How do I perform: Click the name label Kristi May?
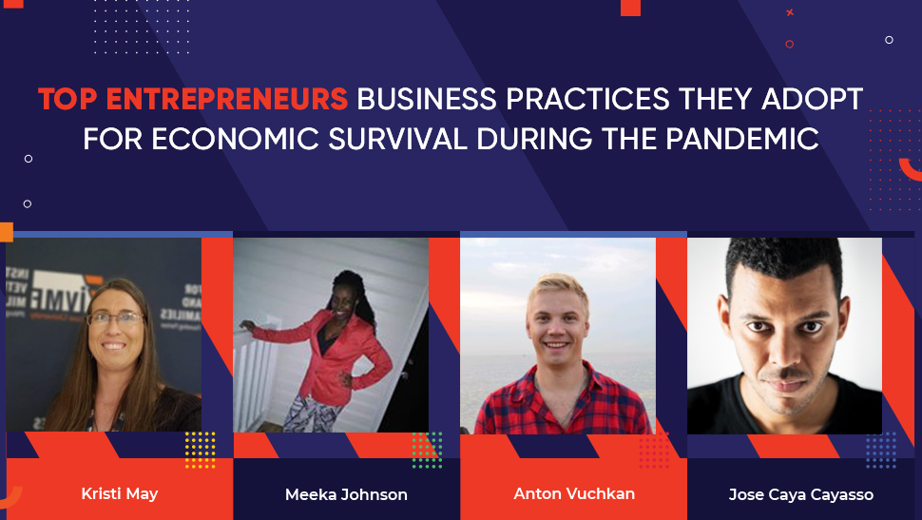[119, 493]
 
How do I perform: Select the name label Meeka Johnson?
[346, 494]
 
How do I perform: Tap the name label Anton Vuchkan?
[574, 493]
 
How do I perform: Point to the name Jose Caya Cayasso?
[800, 494]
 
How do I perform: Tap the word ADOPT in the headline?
[816, 99]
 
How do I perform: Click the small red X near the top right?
[790, 12]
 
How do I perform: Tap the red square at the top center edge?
[630, 7]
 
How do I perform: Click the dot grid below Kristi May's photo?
[200, 450]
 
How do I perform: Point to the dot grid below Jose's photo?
[880, 450]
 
